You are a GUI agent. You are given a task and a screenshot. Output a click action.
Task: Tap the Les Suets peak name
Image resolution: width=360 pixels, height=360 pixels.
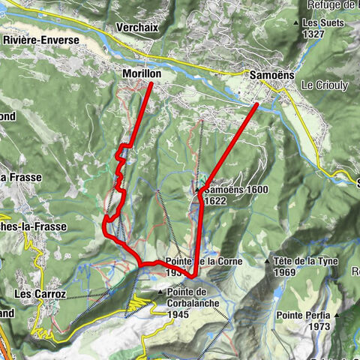[322, 22]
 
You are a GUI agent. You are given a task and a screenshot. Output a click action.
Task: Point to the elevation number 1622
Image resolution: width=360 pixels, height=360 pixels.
[214, 201]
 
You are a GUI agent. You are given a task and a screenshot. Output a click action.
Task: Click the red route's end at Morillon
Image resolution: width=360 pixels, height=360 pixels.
[151, 83]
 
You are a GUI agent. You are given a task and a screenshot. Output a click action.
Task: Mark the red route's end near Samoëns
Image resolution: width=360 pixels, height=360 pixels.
[256, 104]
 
